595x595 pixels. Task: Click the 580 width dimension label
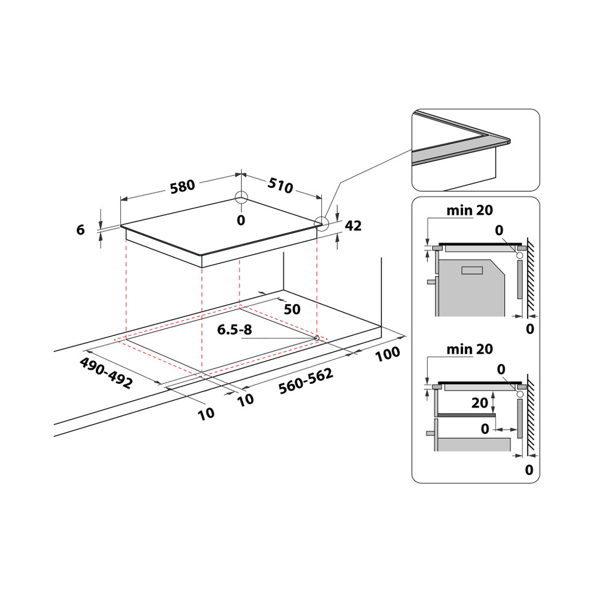[x=182, y=186]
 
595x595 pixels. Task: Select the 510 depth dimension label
[x=280, y=186]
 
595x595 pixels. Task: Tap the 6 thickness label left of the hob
[x=81, y=230]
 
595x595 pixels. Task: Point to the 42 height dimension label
[x=353, y=226]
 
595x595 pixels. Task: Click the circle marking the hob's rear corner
[x=241, y=198]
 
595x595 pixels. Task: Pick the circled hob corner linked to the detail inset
[x=321, y=223]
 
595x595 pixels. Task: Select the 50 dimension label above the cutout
[x=292, y=309]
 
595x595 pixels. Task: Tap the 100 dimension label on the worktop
[x=388, y=353]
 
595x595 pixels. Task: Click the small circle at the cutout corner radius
[x=317, y=338]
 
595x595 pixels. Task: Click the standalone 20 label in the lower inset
[x=480, y=403]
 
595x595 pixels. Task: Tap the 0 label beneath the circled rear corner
[x=241, y=220]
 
